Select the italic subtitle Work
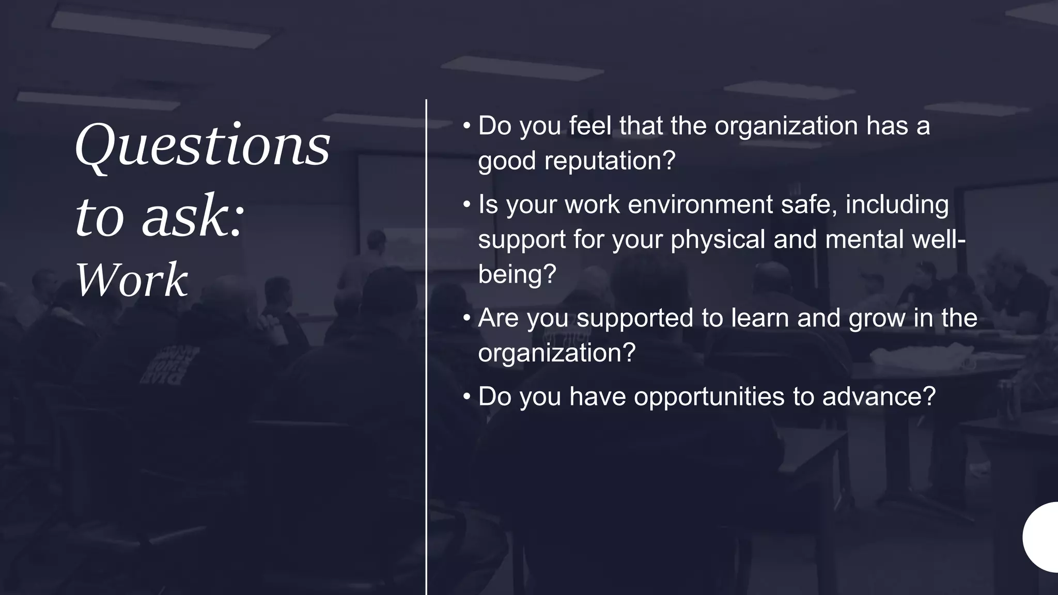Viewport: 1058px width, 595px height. (132, 280)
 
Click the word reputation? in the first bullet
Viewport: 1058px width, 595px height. (610, 161)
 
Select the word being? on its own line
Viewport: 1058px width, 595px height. (517, 274)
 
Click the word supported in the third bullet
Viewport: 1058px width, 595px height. (634, 319)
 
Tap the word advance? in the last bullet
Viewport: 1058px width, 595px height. (879, 397)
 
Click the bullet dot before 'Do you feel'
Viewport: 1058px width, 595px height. (466, 126)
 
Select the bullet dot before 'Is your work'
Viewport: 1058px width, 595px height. (466, 205)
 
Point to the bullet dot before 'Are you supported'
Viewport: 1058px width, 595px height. (466, 318)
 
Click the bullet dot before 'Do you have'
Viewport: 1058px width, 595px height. (466, 397)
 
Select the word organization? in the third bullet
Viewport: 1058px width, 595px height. (556, 353)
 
